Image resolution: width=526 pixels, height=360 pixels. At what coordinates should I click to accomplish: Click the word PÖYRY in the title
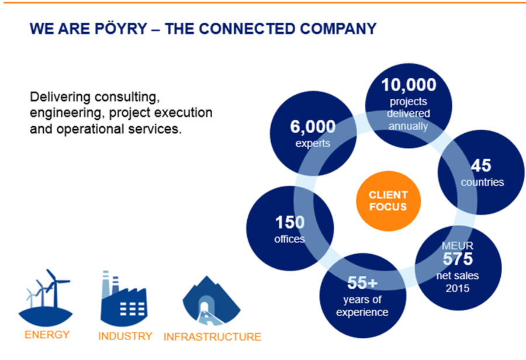pyautogui.click(x=121, y=28)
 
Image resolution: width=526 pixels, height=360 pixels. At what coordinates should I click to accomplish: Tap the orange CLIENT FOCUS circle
pyautogui.click(x=388, y=201)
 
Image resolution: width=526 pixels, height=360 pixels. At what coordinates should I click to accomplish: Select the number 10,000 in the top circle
pyautogui.click(x=409, y=85)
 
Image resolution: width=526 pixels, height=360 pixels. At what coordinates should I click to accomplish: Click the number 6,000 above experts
pyautogui.click(x=313, y=127)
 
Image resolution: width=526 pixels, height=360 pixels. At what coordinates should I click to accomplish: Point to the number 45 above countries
pyautogui.click(x=481, y=165)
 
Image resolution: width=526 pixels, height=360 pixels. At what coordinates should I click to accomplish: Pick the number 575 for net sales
pyautogui.click(x=458, y=259)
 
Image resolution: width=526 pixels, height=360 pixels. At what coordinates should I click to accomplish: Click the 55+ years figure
pyautogui.click(x=362, y=282)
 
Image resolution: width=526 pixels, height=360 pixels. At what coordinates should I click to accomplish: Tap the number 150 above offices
pyautogui.click(x=290, y=223)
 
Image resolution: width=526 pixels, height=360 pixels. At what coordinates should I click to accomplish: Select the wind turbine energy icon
pyautogui.click(x=45, y=297)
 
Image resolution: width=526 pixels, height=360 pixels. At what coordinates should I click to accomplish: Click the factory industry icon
pyautogui.click(x=123, y=298)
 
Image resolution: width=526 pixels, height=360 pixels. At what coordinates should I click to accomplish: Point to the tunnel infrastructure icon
pyautogui.click(x=212, y=300)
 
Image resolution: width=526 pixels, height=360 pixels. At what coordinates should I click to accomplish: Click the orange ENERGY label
pyautogui.click(x=47, y=334)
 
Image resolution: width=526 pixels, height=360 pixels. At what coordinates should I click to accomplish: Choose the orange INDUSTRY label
pyautogui.click(x=125, y=336)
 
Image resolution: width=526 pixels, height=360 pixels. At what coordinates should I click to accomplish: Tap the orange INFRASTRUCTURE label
pyautogui.click(x=212, y=337)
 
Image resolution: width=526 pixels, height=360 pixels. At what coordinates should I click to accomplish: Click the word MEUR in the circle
pyautogui.click(x=458, y=245)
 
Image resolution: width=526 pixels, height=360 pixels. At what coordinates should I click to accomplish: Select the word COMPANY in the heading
pyautogui.click(x=338, y=29)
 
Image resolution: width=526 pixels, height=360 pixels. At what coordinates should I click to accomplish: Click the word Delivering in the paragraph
pyautogui.click(x=60, y=97)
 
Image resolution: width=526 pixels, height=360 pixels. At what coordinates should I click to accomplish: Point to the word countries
pyautogui.click(x=482, y=182)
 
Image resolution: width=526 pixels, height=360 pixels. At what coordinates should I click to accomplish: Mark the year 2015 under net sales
pyautogui.click(x=458, y=288)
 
